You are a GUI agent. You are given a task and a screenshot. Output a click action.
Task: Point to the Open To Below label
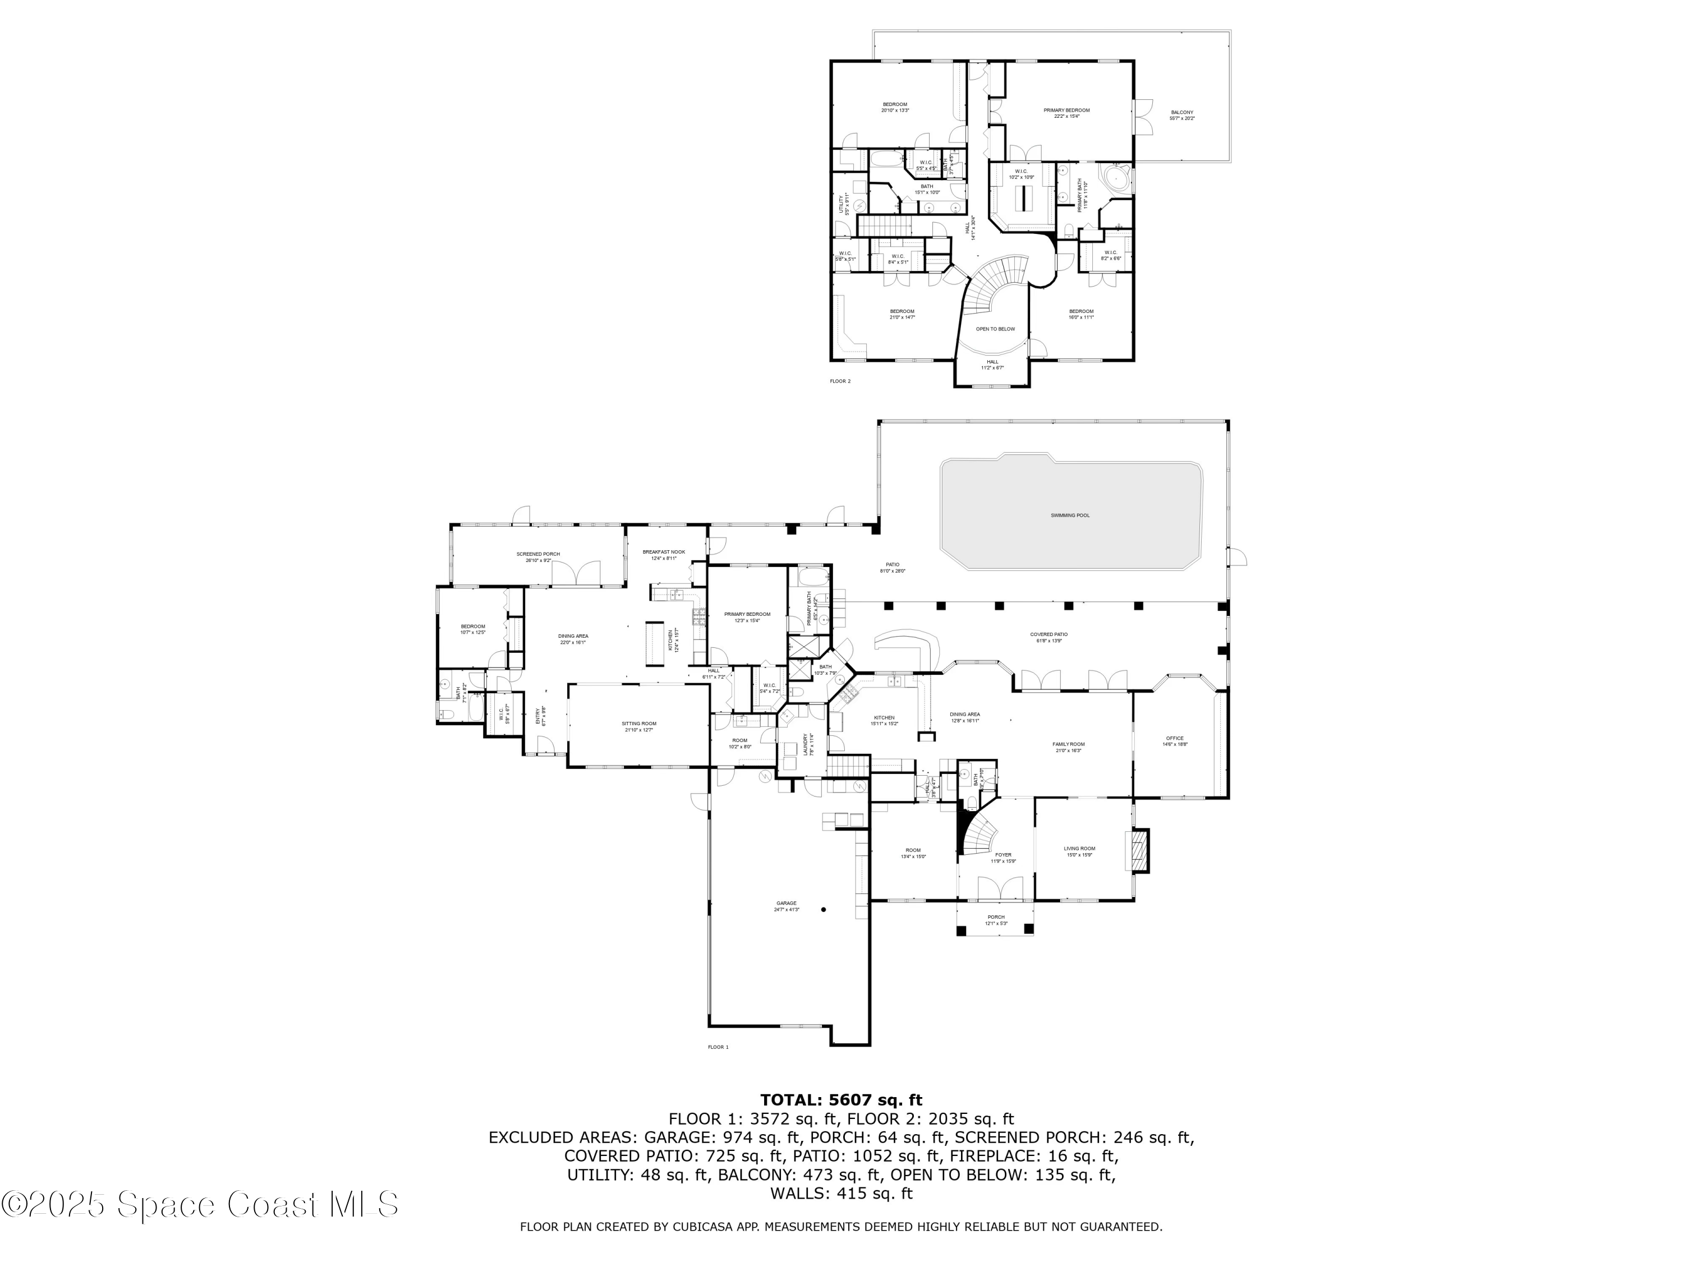(995, 329)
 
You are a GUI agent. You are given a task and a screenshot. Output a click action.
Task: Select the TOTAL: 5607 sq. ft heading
(841, 1100)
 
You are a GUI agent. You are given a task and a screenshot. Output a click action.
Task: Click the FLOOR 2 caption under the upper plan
(840, 381)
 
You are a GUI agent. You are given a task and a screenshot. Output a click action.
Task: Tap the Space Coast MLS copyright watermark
(199, 1204)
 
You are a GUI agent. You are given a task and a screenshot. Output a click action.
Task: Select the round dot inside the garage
(823, 909)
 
